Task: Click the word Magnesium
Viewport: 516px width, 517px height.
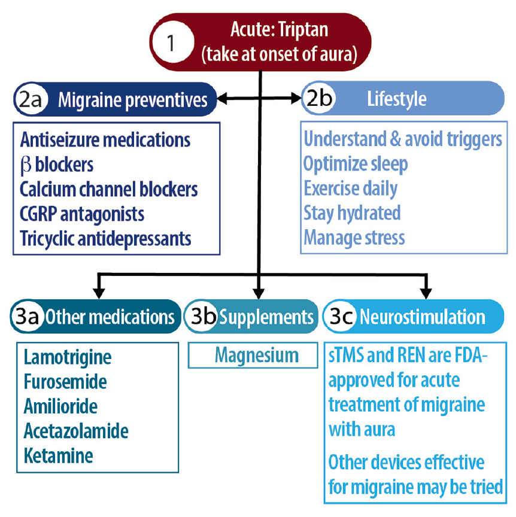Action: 256,355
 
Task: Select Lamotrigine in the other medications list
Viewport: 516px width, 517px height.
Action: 68,358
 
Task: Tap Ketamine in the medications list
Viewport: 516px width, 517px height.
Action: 59,455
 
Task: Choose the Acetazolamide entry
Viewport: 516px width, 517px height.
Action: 76,431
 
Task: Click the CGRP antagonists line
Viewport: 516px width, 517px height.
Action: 82,214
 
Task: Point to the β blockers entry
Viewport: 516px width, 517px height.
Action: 57,165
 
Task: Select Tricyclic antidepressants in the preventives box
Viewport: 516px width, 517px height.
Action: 105,238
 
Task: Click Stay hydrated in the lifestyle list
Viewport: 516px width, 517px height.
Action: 352,213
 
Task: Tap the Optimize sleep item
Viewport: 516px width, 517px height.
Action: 357,163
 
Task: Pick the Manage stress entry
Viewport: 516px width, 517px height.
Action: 354,238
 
